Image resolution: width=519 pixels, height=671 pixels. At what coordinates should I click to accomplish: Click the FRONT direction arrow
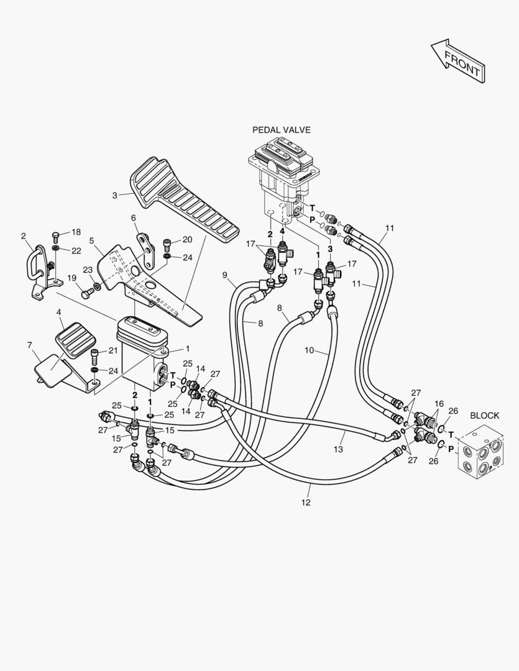[458, 61]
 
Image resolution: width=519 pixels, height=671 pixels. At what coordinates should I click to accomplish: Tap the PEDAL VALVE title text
[282, 130]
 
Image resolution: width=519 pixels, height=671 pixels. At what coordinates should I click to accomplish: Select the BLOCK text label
[484, 416]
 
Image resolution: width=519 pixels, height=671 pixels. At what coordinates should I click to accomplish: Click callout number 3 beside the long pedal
[114, 196]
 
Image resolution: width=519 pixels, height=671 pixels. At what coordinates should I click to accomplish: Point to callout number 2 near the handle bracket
[23, 236]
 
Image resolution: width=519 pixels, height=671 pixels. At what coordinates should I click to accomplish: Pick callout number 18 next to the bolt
[76, 232]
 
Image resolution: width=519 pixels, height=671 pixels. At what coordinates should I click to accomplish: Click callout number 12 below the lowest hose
[305, 503]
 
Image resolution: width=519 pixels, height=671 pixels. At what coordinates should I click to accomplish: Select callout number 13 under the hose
[338, 449]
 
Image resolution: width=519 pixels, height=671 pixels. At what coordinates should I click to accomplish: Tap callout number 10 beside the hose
[309, 350]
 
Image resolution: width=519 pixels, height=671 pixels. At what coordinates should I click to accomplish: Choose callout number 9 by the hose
[225, 275]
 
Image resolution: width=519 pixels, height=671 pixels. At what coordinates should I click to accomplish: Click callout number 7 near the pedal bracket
[30, 345]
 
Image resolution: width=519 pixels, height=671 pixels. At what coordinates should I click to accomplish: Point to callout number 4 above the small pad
[59, 313]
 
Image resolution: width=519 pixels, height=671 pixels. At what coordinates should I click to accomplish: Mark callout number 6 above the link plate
[133, 218]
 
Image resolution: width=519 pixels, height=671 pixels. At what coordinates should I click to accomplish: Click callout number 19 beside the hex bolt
[71, 278]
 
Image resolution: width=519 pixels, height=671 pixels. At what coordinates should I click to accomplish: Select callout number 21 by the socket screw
[113, 351]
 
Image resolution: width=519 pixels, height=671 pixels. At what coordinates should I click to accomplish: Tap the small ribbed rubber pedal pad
[76, 340]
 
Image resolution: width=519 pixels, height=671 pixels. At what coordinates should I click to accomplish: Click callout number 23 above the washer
[88, 270]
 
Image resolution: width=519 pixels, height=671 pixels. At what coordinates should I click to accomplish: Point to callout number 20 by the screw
[187, 240]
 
